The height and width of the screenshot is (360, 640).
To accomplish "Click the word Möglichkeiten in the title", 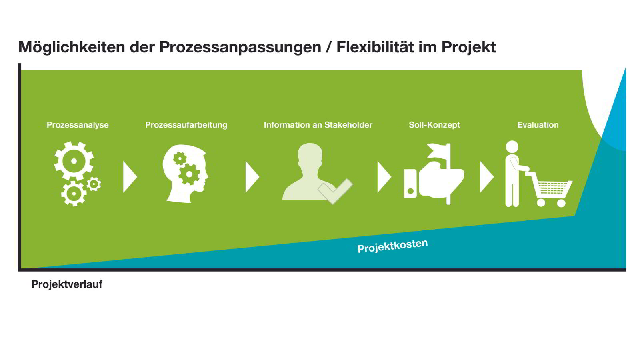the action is point(72,48).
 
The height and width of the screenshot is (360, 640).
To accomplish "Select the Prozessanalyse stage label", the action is point(78,125).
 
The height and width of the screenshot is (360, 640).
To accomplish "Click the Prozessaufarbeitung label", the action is point(186,125).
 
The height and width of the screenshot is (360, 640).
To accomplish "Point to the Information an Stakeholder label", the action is point(318,125).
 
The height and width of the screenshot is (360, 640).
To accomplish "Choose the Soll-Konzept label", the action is point(434,125).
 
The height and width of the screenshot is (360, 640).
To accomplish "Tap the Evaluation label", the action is point(538,125).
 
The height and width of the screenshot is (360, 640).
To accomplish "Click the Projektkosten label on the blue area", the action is point(392,246).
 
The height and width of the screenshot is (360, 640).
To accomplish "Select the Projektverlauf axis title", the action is point(67,284).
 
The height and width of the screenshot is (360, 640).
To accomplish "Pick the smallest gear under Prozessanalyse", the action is point(94,184).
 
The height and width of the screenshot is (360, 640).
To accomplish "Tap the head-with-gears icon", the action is point(185,174).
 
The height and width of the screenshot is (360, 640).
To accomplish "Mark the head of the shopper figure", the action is point(512,147).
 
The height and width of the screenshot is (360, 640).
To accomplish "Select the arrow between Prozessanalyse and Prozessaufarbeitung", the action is point(130,177).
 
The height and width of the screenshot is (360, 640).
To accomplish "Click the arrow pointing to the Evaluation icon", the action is point(487,177).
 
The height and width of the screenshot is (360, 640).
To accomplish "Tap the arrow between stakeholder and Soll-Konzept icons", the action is point(384,177).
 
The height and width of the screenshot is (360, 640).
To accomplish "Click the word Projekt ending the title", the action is point(468,48).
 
